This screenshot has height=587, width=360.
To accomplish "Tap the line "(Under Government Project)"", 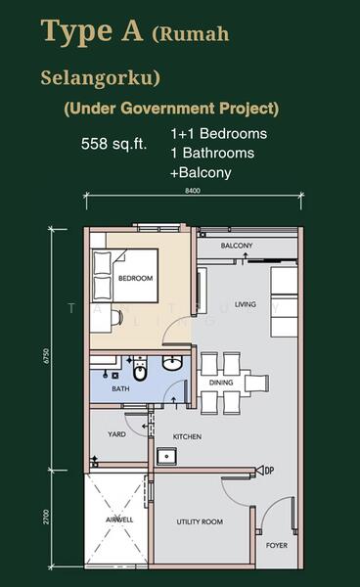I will click(171, 109).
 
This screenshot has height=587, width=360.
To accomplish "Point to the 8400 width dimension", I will click(193, 191).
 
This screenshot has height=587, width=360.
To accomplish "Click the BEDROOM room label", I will click(136, 279).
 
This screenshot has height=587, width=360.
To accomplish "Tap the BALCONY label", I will click(237, 246).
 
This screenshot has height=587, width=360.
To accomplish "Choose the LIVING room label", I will click(245, 305).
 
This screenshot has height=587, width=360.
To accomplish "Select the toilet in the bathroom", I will click(140, 371).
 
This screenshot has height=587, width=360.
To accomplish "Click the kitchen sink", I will click(167, 455).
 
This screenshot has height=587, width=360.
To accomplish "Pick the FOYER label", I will click(277, 545).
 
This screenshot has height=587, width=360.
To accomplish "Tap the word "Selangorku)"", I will click(86, 74).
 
